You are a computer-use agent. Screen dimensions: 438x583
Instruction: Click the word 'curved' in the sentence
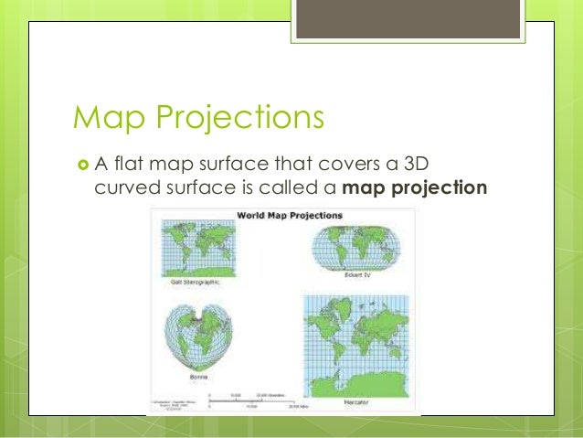128,189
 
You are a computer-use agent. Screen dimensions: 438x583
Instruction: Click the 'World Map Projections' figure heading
290,216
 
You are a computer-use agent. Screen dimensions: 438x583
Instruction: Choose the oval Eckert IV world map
356,248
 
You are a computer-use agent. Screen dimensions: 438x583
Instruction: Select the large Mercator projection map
354,342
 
